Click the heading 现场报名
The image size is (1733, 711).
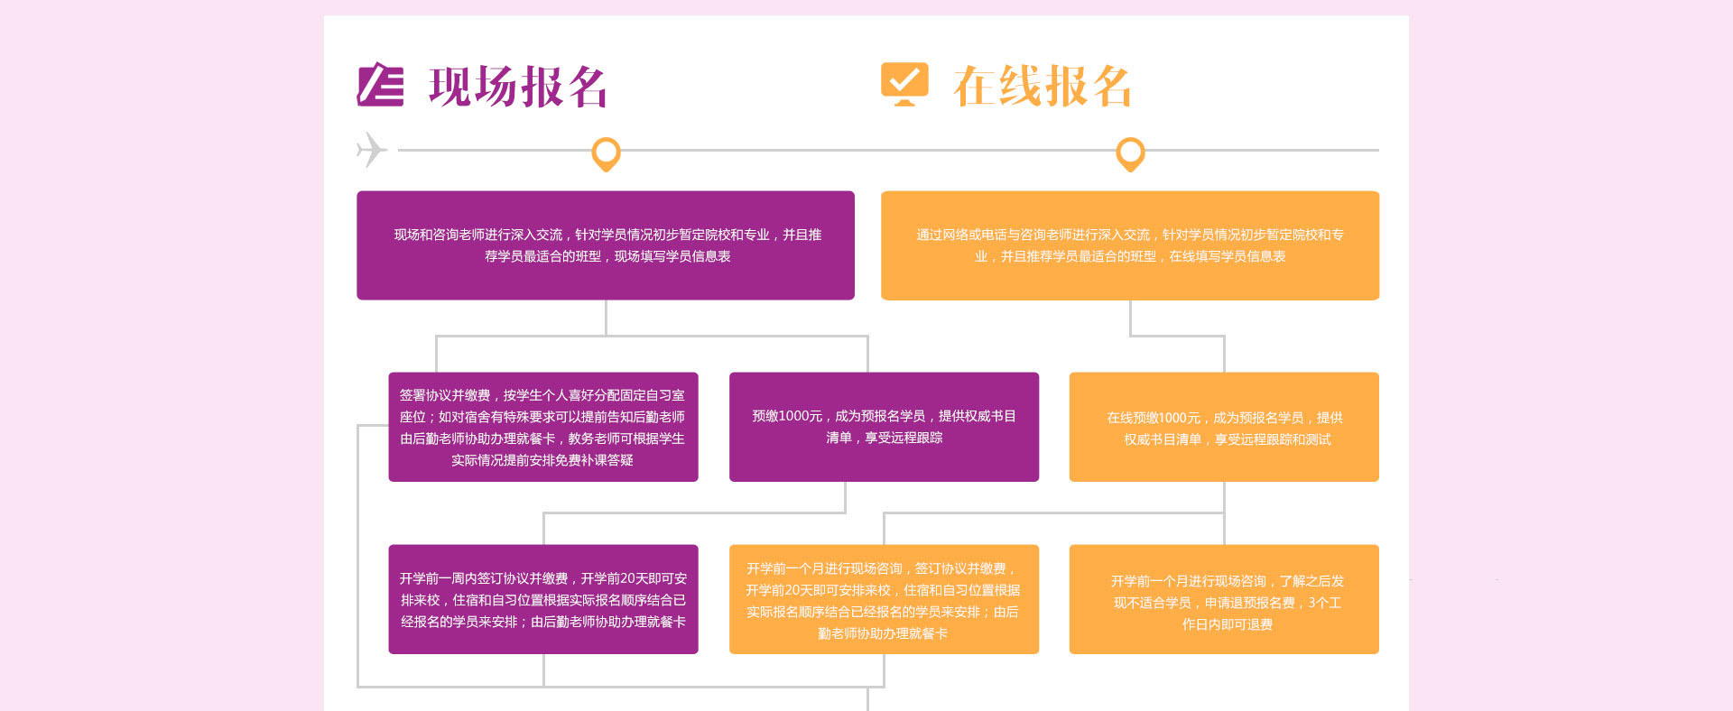(x=517, y=88)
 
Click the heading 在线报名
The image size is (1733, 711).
(x=1042, y=87)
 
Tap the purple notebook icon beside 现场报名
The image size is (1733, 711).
(x=380, y=85)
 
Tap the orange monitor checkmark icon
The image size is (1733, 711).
(x=904, y=84)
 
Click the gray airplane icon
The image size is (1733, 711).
(x=371, y=150)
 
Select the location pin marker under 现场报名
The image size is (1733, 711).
(x=606, y=152)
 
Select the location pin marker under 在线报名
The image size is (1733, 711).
(x=1130, y=152)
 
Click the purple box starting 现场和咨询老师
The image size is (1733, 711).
(x=605, y=245)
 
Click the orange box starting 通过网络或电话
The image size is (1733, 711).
(x=1129, y=245)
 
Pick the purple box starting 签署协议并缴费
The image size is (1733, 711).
(x=542, y=427)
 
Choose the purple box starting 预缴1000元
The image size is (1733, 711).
(x=884, y=427)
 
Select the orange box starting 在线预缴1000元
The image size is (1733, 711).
(x=1223, y=427)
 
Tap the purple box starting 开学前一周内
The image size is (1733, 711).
(x=542, y=599)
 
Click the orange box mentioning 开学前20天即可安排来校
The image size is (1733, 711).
(x=884, y=599)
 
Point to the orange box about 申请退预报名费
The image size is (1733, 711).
(x=1223, y=599)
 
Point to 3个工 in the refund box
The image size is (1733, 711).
(x=1324, y=603)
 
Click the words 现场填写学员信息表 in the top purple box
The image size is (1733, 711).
(x=672, y=256)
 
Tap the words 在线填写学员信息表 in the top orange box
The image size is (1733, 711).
(x=1227, y=256)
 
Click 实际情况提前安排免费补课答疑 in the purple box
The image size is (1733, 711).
(x=542, y=460)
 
